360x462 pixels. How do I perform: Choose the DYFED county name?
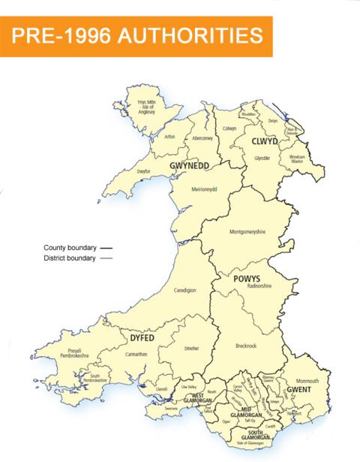pos(142,339)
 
